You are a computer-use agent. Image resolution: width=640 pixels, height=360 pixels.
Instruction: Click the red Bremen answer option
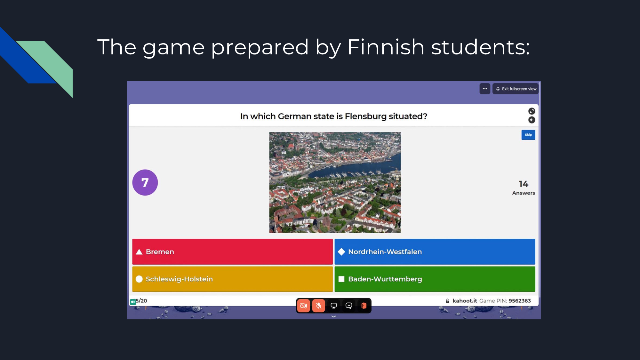(232, 252)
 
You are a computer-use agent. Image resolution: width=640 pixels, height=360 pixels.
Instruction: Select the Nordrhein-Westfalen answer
(435, 252)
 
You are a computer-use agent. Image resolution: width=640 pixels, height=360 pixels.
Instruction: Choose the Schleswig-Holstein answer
(232, 279)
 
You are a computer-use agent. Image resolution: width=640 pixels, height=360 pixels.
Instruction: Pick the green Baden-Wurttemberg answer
(435, 279)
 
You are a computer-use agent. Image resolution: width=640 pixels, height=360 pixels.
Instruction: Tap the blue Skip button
(528, 135)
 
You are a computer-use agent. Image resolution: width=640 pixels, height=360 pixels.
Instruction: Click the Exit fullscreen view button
(516, 89)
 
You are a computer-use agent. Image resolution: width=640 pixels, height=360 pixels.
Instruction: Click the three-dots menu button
(485, 89)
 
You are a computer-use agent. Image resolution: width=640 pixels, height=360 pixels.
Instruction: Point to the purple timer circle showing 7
(145, 182)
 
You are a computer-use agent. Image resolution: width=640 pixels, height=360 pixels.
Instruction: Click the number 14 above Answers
(524, 184)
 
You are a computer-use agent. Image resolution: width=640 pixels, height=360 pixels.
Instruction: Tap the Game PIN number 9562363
(520, 301)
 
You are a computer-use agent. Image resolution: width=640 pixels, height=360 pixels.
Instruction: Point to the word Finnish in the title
(386, 47)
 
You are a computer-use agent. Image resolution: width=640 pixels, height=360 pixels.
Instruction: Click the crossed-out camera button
(303, 306)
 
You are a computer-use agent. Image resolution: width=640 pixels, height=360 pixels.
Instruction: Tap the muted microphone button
(319, 306)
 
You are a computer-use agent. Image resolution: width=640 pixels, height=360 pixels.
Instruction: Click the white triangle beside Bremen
(139, 252)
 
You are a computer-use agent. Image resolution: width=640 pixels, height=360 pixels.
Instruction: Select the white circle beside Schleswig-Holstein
(139, 279)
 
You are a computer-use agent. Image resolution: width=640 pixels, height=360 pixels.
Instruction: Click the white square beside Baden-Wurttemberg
(341, 279)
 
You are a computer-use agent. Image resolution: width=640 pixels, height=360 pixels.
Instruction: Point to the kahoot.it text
(465, 301)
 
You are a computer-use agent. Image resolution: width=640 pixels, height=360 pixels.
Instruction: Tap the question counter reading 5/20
(141, 301)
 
